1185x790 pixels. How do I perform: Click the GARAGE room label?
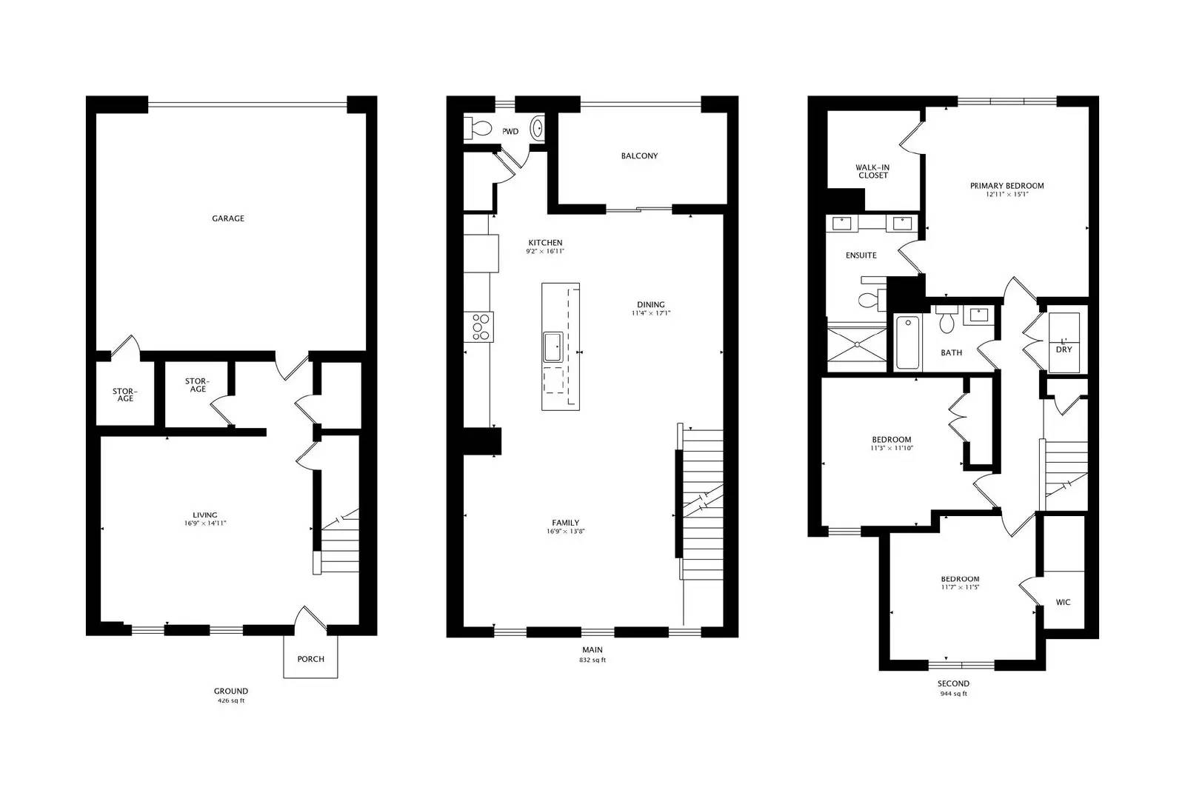point(227,218)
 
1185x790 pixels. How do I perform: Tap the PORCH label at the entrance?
point(310,659)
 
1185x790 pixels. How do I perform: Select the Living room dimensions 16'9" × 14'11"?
point(205,523)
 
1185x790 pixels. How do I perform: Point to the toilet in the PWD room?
point(478,129)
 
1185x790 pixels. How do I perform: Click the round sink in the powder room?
point(538,128)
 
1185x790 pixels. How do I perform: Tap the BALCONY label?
point(639,156)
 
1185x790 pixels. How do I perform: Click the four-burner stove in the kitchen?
point(479,327)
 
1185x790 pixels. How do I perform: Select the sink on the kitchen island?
point(552,347)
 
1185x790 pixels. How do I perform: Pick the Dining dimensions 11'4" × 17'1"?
point(650,313)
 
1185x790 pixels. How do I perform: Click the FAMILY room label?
point(565,523)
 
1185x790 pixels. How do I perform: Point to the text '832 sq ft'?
point(592,660)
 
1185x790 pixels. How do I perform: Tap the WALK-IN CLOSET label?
point(872,172)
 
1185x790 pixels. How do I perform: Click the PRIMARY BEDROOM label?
point(1007,186)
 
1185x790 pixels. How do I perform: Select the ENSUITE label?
point(861,255)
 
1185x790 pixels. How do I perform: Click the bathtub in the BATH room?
point(907,342)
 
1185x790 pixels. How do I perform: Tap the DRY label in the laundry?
point(1064,349)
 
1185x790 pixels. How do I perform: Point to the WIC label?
point(1063,603)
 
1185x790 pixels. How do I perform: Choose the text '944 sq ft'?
point(953,694)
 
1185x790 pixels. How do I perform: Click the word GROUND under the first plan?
point(231,691)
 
